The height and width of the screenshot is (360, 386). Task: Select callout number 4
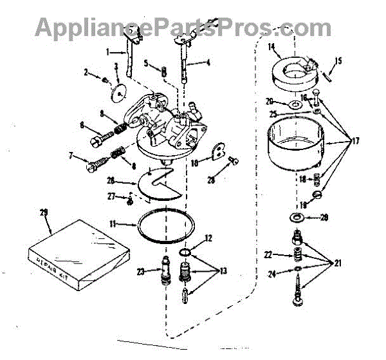208,62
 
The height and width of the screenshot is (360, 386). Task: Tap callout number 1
109,51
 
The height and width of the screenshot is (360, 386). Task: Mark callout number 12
208,238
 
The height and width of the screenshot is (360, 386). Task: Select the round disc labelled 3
118,90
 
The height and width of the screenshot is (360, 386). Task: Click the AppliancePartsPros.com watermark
183,27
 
